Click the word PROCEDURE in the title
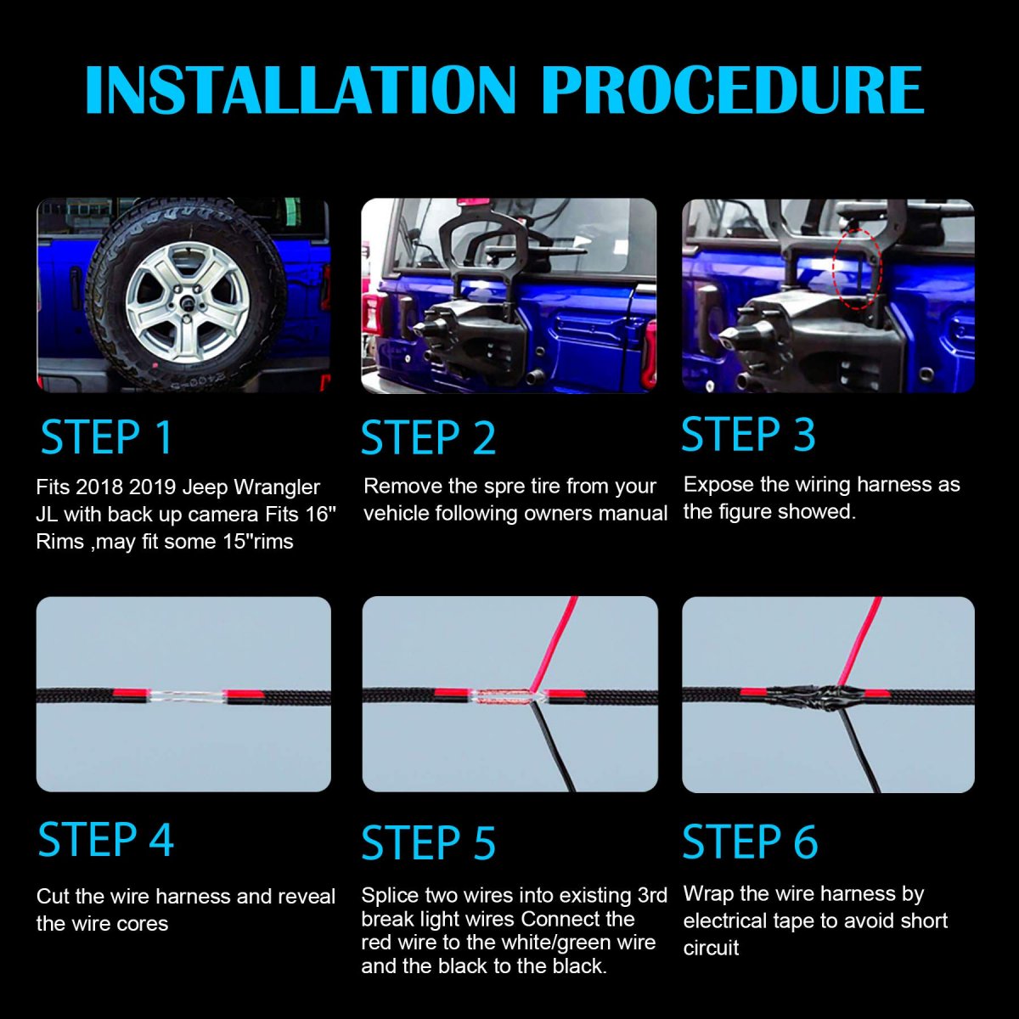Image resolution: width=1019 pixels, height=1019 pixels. [732, 89]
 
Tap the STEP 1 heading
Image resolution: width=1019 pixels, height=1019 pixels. [107, 438]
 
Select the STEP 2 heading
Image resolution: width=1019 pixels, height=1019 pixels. [428, 438]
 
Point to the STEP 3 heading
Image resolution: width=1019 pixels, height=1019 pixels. [748, 434]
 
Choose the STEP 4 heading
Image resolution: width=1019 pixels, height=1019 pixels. [106, 840]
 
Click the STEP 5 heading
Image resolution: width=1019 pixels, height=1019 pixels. [428, 843]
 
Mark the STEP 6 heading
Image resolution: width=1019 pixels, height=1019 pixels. [750, 842]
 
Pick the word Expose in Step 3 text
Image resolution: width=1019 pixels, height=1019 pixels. [713, 485]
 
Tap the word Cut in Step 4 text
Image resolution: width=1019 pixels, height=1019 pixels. [53, 897]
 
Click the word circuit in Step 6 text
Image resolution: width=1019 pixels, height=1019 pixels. [711, 948]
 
